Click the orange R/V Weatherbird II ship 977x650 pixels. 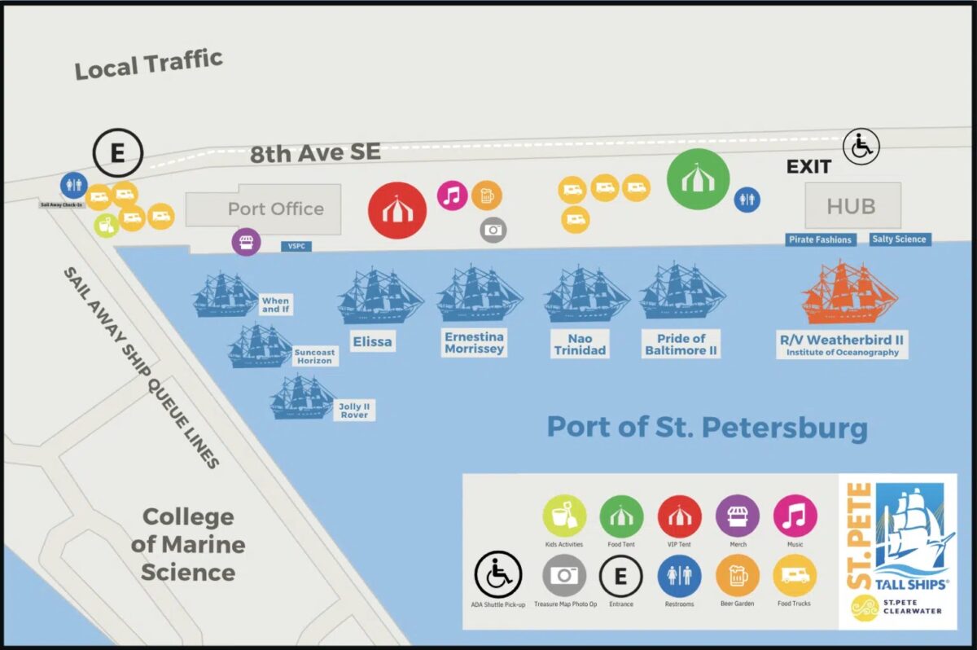coord(849,294)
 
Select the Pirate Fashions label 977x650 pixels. coord(821,239)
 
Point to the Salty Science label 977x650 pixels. coord(899,239)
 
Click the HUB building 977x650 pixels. coord(852,206)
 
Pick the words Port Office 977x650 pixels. coord(275,209)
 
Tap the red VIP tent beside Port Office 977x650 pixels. coord(397,210)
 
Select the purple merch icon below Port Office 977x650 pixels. coord(247,241)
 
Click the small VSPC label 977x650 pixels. coord(296,245)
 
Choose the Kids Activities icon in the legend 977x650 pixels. coord(564,516)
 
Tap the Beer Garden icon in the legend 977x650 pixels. coord(737,576)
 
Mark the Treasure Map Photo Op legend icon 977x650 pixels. coord(564,576)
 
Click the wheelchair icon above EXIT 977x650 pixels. coord(861,147)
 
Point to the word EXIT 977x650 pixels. coord(808,167)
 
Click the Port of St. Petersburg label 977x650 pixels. coord(707,427)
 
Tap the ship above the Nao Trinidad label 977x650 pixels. coord(585,295)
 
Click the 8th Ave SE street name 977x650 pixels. coord(315,152)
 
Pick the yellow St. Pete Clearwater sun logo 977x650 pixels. coord(864,608)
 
